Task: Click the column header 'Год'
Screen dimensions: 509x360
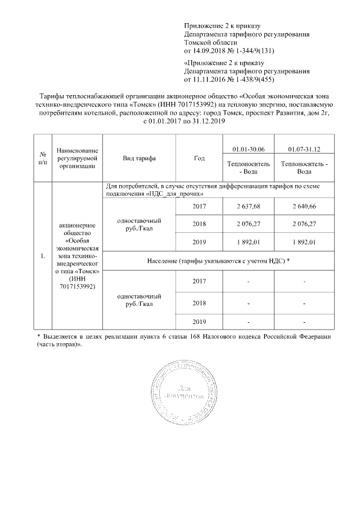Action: [x=199, y=158]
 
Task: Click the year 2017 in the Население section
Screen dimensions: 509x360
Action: [x=199, y=281]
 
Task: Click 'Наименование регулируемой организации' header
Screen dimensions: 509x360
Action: [x=78, y=158]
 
